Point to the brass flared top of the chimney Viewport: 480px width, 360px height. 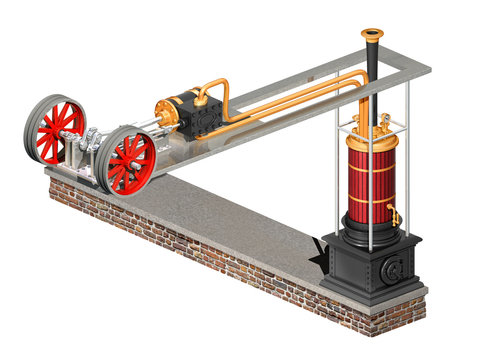pyautogui.click(x=372, y=36)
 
